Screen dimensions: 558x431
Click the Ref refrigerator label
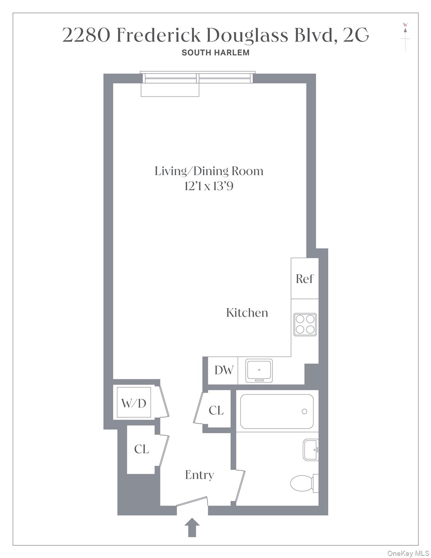[x=304, y=279]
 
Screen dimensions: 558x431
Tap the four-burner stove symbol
[x=305, y=324]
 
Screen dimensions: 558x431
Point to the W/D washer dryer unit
[x=134, y=403]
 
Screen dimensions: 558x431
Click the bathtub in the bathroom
[x=277, y=411]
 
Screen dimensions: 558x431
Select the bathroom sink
[x=310, y=450]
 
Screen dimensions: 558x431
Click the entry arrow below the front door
[x=192, y=527]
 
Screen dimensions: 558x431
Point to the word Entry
[x=199, y=475]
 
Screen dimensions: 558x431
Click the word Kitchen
[x=247, y=313]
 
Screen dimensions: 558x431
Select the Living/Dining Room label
[x=209, y=171]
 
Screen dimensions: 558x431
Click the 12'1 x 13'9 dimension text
[x=209, y=186]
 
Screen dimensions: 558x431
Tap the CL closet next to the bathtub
[x=216, y=410]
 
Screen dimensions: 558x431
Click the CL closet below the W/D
[x=141, y=449]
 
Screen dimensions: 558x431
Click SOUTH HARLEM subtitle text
[x=215, y=53]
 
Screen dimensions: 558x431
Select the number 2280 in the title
[x=86, y=35]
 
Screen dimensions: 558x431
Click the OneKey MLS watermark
[x=408, y=553]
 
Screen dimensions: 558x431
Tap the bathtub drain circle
[x=304, y=411]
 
